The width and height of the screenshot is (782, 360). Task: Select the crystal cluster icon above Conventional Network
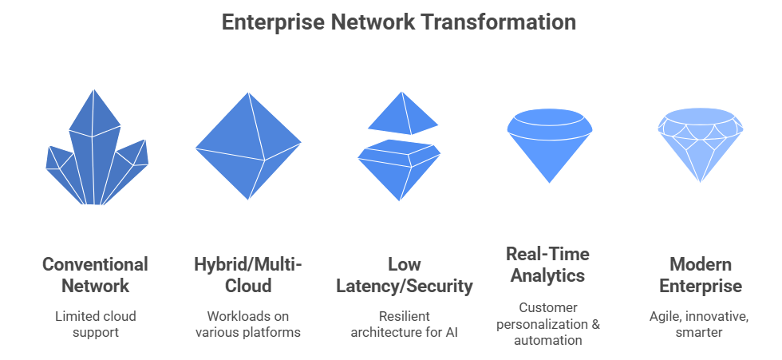pyautogui.click(x=97, y=148)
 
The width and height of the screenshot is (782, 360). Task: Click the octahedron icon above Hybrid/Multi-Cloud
pyautogui.click(x=248, y=145)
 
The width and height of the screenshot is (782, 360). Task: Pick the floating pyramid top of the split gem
pyautogui.click(x=403, y=113)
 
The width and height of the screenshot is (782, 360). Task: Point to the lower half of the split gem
pyautogui.click(x=399, y=169)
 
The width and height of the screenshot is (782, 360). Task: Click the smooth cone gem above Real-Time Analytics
pyautogui.click(x=550, y=144)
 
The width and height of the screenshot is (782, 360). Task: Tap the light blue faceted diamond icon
pyautogui.click(x=701, y=144)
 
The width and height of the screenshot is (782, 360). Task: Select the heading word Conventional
pyautogui.click(x=95, y=264)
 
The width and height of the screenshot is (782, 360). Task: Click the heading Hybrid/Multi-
pyautogui.click(x=248, y=264)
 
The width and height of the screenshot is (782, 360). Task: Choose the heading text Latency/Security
pyautogui.click(x=405, y=287)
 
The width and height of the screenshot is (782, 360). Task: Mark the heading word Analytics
pyautogui.click(x=547, y=275)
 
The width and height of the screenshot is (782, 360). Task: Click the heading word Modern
pyautogui.click(x=701, y=264)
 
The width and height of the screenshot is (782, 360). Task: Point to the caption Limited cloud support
pyautogui.click(x=95, y=324)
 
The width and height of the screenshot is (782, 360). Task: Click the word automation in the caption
pyautogui.click(x=548, y=341)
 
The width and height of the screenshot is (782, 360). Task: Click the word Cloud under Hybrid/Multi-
pyautogui.click(x=248, y=287)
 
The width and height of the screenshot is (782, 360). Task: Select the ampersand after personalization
pyautogui.click(x=595, y=324)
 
